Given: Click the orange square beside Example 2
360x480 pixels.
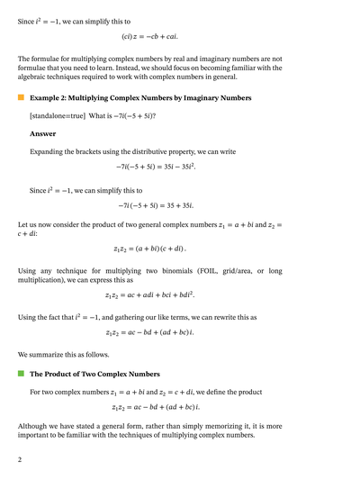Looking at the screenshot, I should click(21, 97).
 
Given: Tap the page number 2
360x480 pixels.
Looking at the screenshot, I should click(19, 459).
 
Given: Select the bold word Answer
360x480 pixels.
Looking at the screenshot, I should click(43, 133).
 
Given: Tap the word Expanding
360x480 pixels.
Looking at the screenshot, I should click(51, 151).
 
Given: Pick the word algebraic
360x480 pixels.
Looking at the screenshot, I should click(39, 77).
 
